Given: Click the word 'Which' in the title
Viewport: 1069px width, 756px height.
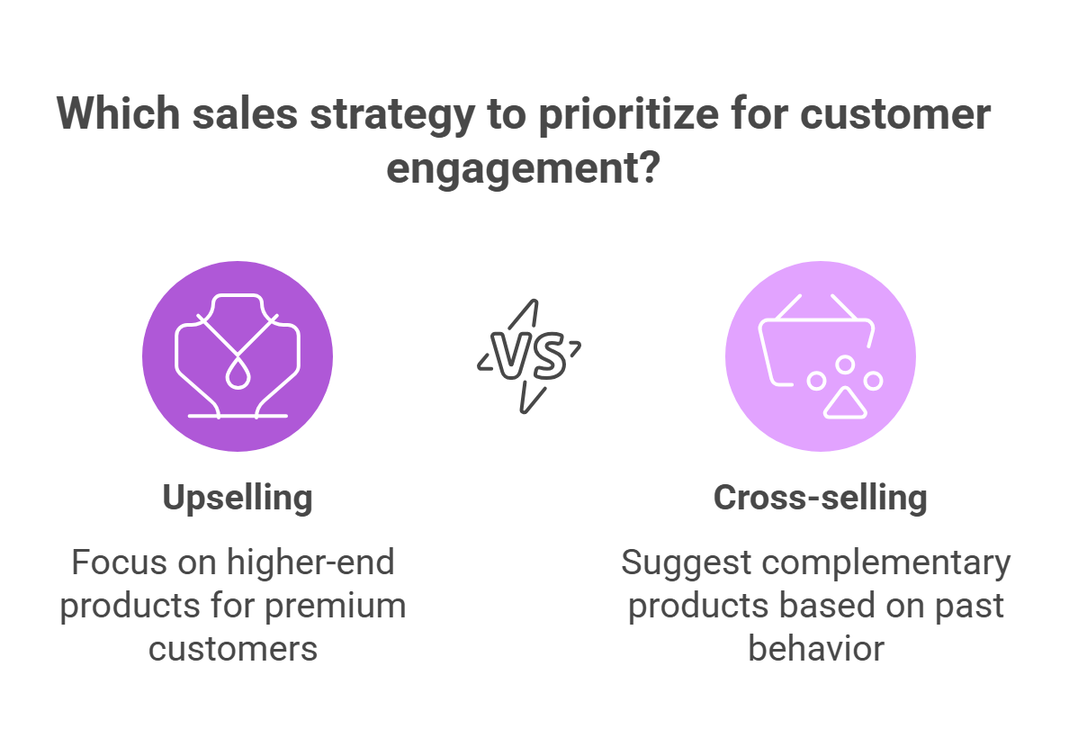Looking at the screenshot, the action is click(x=118, y=113).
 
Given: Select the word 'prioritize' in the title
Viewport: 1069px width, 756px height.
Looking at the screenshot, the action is click(x=629, y=114).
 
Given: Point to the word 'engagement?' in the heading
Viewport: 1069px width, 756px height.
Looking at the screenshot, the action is click(x=524, y=168).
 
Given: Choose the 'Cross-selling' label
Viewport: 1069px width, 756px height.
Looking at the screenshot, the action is click(x=820, y=497).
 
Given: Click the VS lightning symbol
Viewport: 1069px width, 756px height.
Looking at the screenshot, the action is click(x=529, y=355).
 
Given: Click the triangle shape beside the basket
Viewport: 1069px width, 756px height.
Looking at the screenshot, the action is click(x=845, y=403).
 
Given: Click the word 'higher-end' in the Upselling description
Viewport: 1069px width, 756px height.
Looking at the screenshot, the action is click(x=310, y=562).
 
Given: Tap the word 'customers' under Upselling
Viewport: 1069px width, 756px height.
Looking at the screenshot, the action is click(x=233, y=648).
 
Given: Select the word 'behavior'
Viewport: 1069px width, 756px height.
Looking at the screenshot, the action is click(x=816, y=648).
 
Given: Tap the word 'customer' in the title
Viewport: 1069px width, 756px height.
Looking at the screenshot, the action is click(x=895, y=113).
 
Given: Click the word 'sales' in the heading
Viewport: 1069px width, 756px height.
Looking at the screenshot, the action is click(x=245, y=113).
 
